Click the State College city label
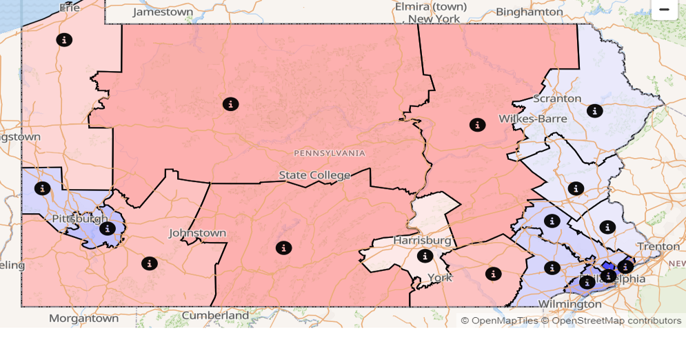coord(314,175)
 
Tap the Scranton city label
coord(557,99)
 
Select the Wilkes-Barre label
coord(533,119)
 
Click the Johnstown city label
coord(197,233)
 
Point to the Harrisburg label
coord(422,240)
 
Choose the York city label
coord(440,277)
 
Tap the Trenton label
coord(658,246)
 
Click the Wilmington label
coord(561,303)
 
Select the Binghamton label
coord(529,12)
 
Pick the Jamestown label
coord(163,12)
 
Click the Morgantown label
coord(83,318)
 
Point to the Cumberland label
coord(215,315)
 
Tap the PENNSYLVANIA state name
coord(330,152)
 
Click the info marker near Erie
coord(64,39)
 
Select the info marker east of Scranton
coord(594,110)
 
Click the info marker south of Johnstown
coord(150,263)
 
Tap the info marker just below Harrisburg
coord(425,256)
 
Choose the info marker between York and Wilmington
coord(493,274)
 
